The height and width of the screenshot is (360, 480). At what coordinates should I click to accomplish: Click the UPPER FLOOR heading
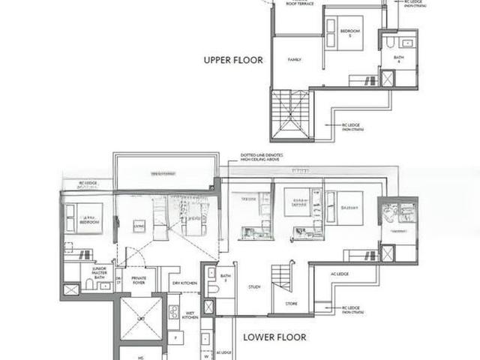[233, 59]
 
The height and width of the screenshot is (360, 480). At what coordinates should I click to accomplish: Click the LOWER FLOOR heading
[274, 337]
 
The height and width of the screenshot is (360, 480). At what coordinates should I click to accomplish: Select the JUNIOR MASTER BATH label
[98, 273]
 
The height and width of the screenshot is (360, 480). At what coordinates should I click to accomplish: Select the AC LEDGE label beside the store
[340, 274]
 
